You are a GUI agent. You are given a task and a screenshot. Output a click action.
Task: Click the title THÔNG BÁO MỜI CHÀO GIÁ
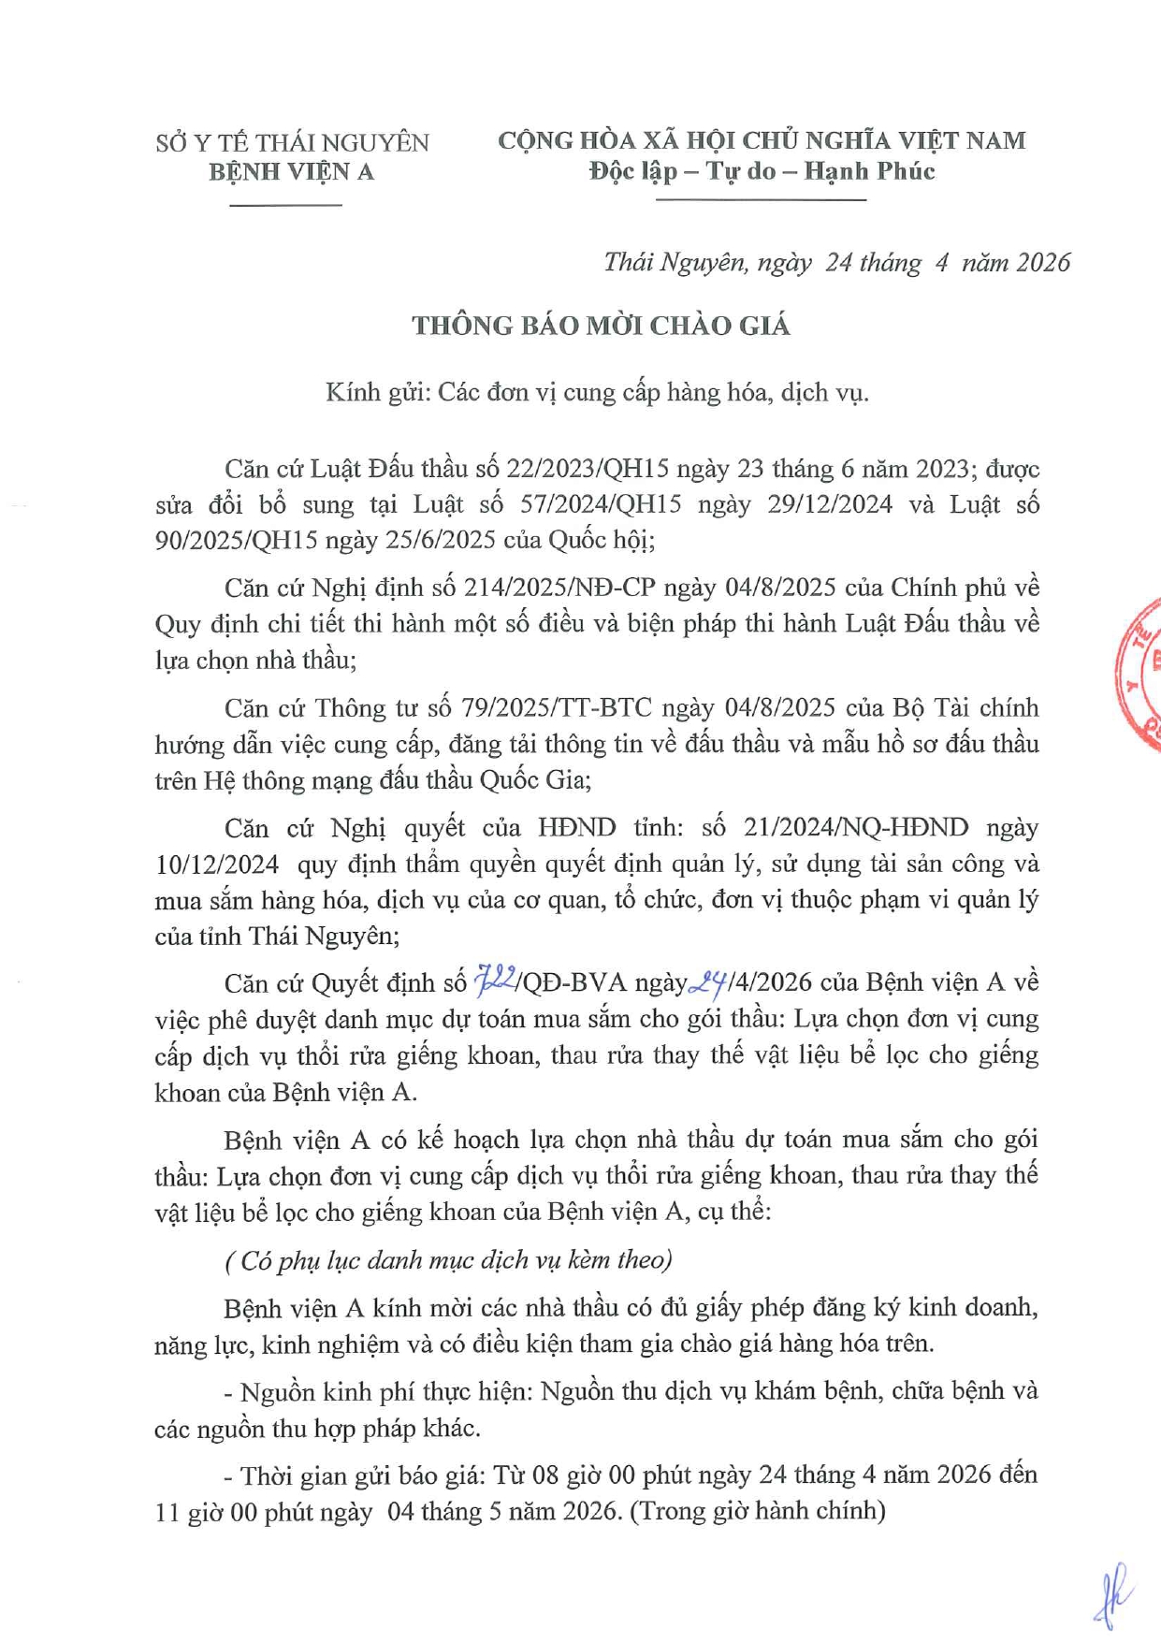601,326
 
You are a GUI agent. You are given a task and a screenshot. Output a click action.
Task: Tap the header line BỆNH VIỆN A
291,172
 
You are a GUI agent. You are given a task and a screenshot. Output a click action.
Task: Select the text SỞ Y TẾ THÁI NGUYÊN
292,143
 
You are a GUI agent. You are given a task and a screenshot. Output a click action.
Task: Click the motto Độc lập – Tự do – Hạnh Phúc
762,171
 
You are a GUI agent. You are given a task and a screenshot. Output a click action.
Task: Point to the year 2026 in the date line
1042,263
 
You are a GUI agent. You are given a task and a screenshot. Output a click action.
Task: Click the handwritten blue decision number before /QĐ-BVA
495,981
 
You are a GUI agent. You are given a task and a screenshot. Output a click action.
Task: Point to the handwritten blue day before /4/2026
708,981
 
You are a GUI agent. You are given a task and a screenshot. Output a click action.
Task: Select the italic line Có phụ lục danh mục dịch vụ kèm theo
449,1260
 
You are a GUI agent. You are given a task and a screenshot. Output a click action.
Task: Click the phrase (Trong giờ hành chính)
759,1511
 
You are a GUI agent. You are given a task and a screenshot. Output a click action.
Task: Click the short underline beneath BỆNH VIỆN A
285,204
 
